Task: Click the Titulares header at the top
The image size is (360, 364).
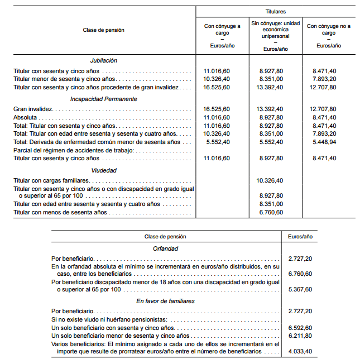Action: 275,11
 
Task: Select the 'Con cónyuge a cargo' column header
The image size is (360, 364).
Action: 223,29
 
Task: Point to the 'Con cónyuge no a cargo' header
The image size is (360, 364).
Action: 329,29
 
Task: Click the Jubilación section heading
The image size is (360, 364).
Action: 104,60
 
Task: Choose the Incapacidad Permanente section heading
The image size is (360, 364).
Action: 104,99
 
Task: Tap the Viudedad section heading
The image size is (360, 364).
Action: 104,170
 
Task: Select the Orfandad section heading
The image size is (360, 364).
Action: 165,248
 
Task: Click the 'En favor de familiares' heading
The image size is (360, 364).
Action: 165,301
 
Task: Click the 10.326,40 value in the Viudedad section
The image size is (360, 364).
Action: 271,181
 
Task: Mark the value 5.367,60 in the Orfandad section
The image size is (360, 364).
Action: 300,289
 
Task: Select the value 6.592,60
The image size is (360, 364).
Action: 300,328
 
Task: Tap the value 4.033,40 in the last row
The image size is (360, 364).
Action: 300,351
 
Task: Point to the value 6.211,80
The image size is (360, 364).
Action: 300,336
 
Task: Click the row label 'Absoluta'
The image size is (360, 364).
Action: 25,118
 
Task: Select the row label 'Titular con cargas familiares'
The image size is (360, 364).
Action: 52,181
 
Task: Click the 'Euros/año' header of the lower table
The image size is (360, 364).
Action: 300,237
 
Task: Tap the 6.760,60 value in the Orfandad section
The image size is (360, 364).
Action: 300,274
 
